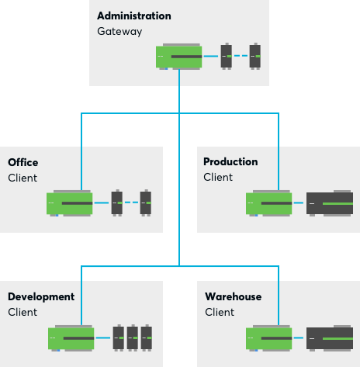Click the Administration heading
(x=134, y=16)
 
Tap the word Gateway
(x=119, y=32)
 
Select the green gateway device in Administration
(x=179, y=57)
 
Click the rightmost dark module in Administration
(x=255, y=56)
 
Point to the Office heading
(x=23, y=162)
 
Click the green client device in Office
(x=70, y=203)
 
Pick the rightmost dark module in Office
(x=146, y=203)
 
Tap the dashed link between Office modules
(x=131, y=203)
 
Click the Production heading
(x=230, y=161)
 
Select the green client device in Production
(x=269, y=203)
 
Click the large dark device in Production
(x=330, y=203)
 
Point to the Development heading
(x=41, y=297)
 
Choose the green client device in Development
(x=71, y=338)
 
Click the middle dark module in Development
(x=133, y=338)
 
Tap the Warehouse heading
(x=233, y=296)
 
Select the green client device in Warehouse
(x=269, y=338)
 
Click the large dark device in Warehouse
(x=330, y=338)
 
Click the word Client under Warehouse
(x=220, y=312)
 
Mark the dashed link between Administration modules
(x=241, y=56)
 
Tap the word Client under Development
(x=22, y=312)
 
